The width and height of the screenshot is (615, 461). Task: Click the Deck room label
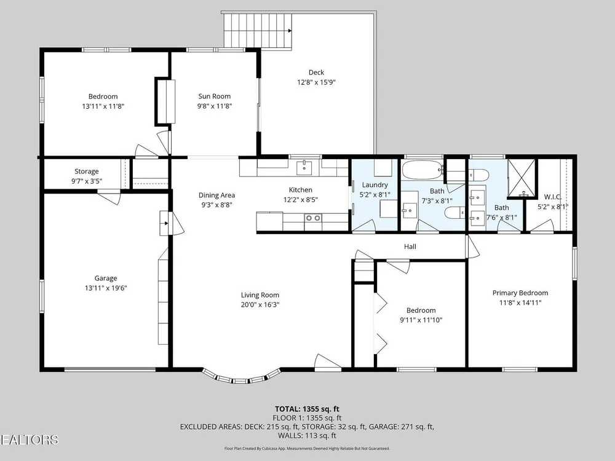tap(316, 73)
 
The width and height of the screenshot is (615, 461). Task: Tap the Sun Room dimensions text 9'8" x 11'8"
tap(215, 106)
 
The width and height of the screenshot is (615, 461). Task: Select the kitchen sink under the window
tap(304, 168)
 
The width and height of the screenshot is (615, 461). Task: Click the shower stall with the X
tap(522, 178)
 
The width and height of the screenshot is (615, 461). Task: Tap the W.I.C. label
tap(553, 197)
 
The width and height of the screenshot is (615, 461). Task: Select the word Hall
tap(410, 246)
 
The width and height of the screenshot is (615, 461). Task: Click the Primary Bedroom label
tap(520, 293)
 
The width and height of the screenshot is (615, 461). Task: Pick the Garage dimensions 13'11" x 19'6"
tap(106, 288)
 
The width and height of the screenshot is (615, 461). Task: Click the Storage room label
tap(87, 171)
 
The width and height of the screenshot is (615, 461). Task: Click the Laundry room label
tap(375, 185)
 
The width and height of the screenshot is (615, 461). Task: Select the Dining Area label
tap(217, 195)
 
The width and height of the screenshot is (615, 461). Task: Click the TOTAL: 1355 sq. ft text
tap(307, 409)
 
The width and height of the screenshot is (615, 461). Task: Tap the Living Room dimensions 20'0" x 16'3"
tap(260, 305)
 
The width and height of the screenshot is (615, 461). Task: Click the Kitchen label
tap(301, 190)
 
